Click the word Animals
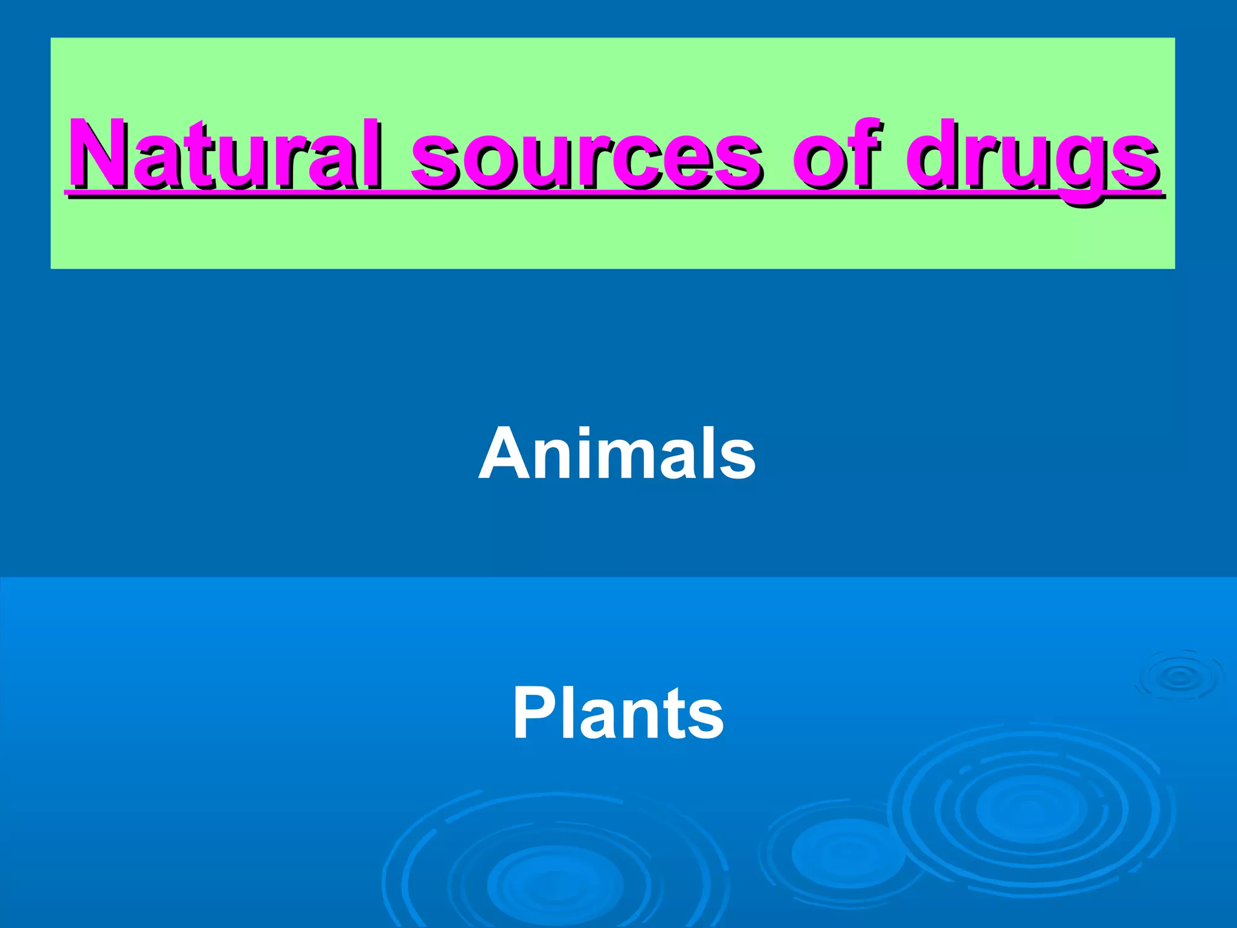coord(617,453)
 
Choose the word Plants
coord(618,714)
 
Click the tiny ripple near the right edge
coord(1178,677)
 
